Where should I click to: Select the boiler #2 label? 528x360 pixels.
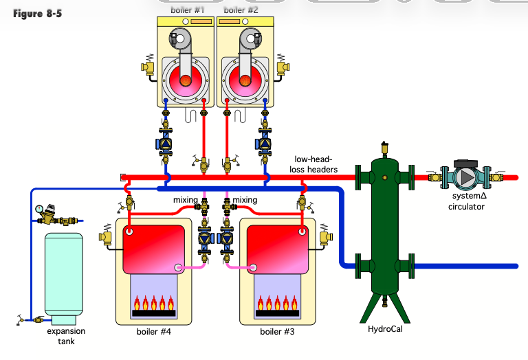(x=241, y=10)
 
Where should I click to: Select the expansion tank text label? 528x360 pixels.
(x=66, y=336)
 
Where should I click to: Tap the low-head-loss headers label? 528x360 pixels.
(x=316, y=164)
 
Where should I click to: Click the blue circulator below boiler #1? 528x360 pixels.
(x=166, y=144)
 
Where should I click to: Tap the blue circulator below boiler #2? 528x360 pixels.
(x=265, y=144)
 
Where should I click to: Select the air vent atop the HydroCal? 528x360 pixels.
(x=384, y=147)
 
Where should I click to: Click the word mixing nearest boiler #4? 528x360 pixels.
(x=185, y=200)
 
